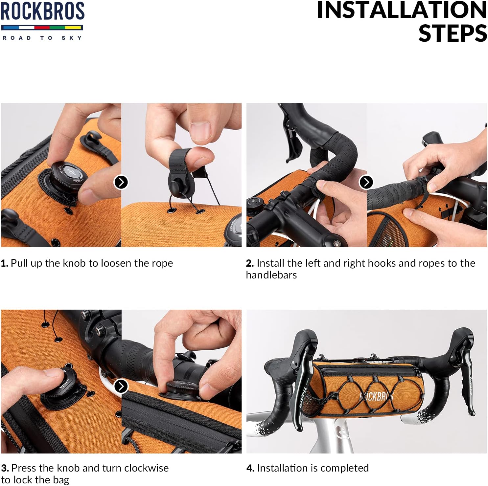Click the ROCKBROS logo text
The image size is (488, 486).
[x=42, y=11]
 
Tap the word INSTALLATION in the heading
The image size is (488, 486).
[x=402, y=10]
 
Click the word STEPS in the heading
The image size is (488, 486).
[x=453, y=33]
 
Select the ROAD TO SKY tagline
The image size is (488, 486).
[x=42, y=38]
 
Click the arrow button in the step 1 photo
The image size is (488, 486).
[x=121, y=182]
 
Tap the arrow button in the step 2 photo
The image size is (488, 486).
[x=366, y=182]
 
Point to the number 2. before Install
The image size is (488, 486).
[x=250, y=263]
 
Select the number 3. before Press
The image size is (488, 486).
[x=5, y=468]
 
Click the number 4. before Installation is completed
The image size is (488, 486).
[x=250, y=468]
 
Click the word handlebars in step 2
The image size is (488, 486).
[x=271, y=275]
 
